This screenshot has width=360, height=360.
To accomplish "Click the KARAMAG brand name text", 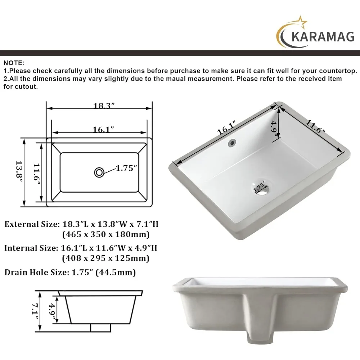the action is pyautogui.click(x=323, y=37).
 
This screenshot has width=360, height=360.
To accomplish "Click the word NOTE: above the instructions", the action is pyautogui.click(x=14, y=63).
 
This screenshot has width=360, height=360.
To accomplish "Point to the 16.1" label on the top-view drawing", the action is pyautogui.click(x=103, y=130).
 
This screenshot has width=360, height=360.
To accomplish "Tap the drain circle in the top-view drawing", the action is pyautogui.click(x=99, y=172).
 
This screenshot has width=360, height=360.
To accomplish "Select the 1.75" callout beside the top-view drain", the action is pyautogui.click(x=126, y=168).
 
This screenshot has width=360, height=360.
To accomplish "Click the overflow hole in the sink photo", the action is pyautogui.click(x=232, y=143).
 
